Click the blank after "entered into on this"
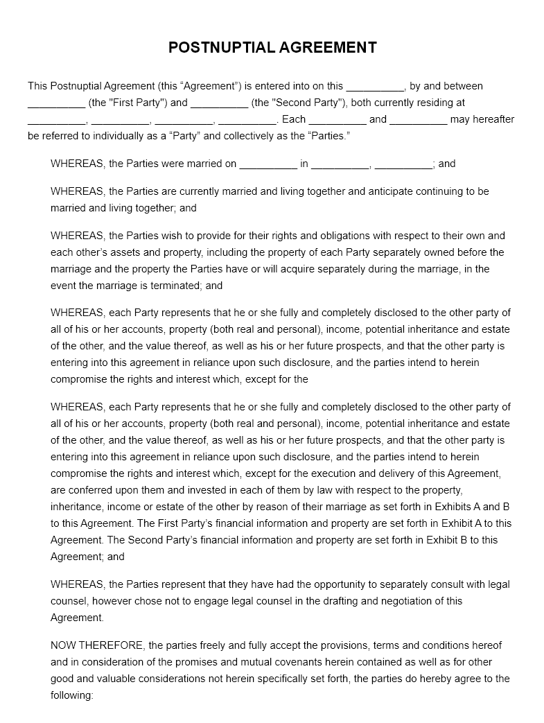pos(375,87)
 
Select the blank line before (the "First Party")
pos(56,104)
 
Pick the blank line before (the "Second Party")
pos(219,104)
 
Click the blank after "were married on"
pos(268,165)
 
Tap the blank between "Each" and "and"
pos(337,121)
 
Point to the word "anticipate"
pos(367,191)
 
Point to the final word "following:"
pos(72,695)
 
